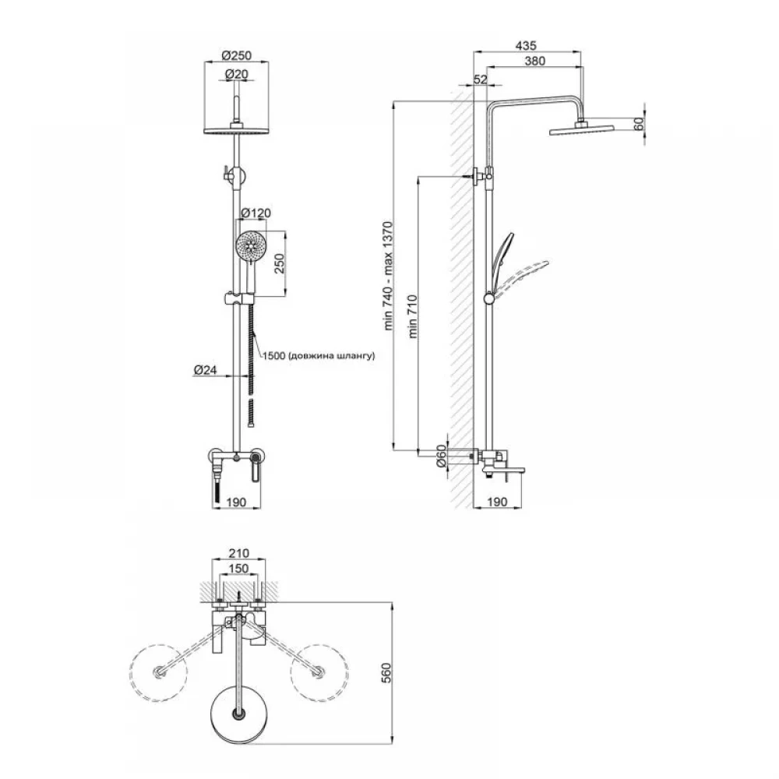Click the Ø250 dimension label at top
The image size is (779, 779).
click(237, 55)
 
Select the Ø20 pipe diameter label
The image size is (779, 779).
click(237, 74)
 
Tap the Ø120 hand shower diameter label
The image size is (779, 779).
click(256, 213)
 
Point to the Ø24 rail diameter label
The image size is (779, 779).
click(205, 369)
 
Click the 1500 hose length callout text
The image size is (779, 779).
click(318, 356)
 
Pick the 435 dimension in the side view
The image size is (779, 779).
click(526, 46)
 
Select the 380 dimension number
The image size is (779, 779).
click(534, 61)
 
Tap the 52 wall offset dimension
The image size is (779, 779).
click(481, 79)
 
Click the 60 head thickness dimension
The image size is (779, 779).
click(639, 124)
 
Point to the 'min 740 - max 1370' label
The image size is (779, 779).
click(388, 276)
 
